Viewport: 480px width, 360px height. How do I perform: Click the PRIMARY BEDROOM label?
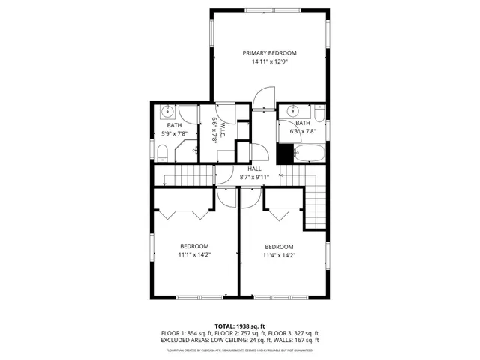tap(269, 53)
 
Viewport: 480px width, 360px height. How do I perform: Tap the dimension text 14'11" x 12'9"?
tap(269, 62)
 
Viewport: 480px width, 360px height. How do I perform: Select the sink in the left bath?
tap(168, 112)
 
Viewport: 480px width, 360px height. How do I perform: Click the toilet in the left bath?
tap(162, 154)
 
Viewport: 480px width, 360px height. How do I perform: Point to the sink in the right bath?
tap(286, 112)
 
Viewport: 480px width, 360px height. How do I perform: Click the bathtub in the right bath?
tap(309, 154)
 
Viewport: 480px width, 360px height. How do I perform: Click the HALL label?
tap(255, 169)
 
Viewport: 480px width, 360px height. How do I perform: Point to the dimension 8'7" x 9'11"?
tap(255, 178)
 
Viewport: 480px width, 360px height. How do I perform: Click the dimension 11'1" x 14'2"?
tap(194, 255)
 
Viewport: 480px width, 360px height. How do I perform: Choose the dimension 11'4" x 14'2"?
tap(279, 256)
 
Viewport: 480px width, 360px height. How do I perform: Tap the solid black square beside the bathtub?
tap(284, 154)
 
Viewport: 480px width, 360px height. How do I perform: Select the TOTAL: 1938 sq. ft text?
tap(239, 325)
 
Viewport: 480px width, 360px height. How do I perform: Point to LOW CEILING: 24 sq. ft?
tap(229, 340)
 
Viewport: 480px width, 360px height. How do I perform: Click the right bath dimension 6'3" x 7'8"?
tap(303, 132)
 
